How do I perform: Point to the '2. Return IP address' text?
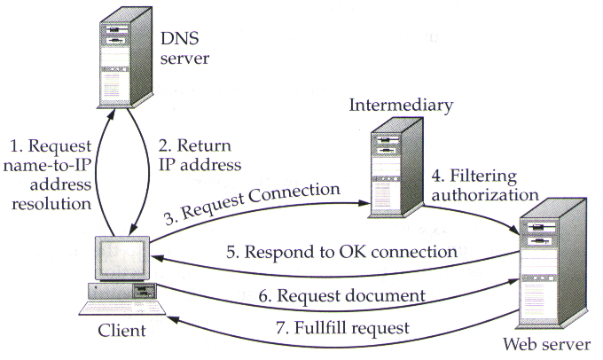(200, 154)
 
